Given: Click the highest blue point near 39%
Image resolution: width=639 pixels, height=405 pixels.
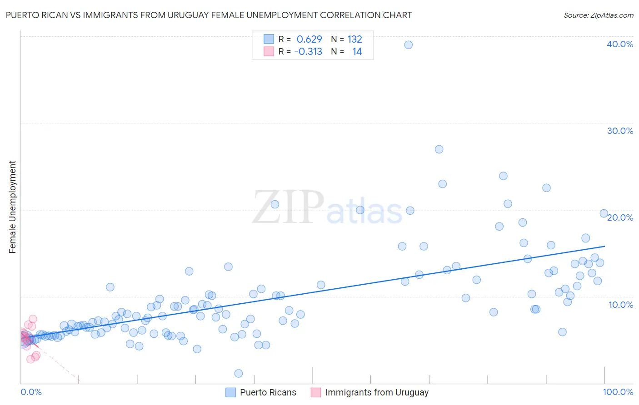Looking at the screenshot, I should [409, 45].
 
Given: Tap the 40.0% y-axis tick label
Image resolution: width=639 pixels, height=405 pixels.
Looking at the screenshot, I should [619, 44].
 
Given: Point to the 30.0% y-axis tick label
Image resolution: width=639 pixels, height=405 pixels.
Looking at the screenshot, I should [619, 131].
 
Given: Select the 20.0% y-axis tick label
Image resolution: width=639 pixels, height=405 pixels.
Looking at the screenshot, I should [620, 217].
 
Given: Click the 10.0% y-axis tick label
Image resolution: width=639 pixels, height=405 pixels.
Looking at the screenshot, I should [620, 305].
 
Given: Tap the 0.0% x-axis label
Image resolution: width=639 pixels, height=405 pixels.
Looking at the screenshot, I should [31, 392].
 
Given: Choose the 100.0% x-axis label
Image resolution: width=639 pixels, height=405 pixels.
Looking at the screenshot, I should [618, 392].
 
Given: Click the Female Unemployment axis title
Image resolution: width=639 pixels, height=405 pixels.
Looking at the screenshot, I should [12, 207].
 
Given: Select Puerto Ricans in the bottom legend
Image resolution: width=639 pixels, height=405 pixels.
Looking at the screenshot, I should [268, 392].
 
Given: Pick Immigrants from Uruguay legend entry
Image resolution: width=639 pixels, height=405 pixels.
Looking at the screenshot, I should [376, 392].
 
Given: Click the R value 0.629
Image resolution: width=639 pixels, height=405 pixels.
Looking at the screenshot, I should [309, 40].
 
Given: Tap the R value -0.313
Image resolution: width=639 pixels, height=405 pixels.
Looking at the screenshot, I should [308, 52].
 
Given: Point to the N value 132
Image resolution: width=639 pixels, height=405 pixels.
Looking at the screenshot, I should [354, 40].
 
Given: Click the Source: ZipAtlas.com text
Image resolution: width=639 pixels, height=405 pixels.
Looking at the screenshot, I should [598, 15].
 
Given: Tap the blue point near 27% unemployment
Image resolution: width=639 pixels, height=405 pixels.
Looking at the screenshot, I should [439, 149].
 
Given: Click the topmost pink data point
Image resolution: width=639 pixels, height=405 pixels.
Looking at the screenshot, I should [33, 319].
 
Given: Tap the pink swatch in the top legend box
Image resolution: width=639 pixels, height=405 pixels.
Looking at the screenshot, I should [269, 52].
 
